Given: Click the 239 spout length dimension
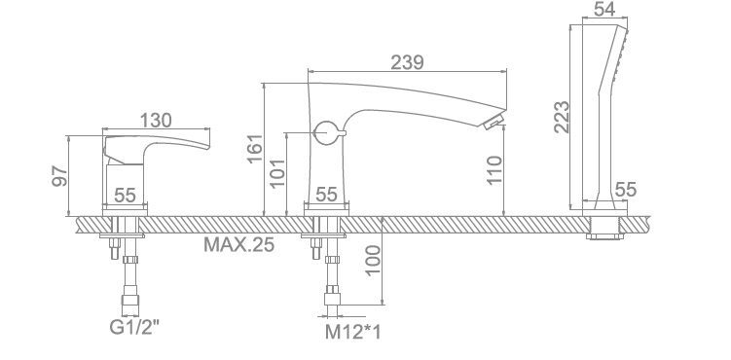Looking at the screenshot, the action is tap(407, 62).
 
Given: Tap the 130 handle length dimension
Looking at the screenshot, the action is tap(156, 120).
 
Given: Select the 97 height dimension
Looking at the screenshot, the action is tap(59, 175).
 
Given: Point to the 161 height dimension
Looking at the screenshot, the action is tap(255, 149).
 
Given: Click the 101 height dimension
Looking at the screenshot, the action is tap(277, 173).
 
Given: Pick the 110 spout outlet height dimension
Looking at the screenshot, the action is tap(494, 169).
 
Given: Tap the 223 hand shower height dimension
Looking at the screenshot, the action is tap(562, 117).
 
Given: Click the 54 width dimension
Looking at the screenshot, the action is tap(604, 9).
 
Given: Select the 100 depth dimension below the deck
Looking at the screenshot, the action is tap(373, 261).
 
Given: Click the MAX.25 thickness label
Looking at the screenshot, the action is tap(238, 244).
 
